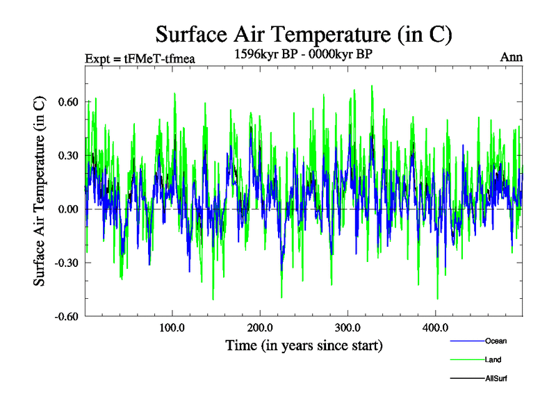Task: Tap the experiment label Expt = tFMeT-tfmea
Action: tap(139, 58)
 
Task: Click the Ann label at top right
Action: tap(511, 57)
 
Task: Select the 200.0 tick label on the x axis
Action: tap(259, 327)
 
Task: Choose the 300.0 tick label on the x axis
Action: tap(347, 327)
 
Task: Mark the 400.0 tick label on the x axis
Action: tap(435, 327)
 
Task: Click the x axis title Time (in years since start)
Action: tap(304, 345)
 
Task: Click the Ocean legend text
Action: tap(496, 341)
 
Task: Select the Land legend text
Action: tap(493, 359)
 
